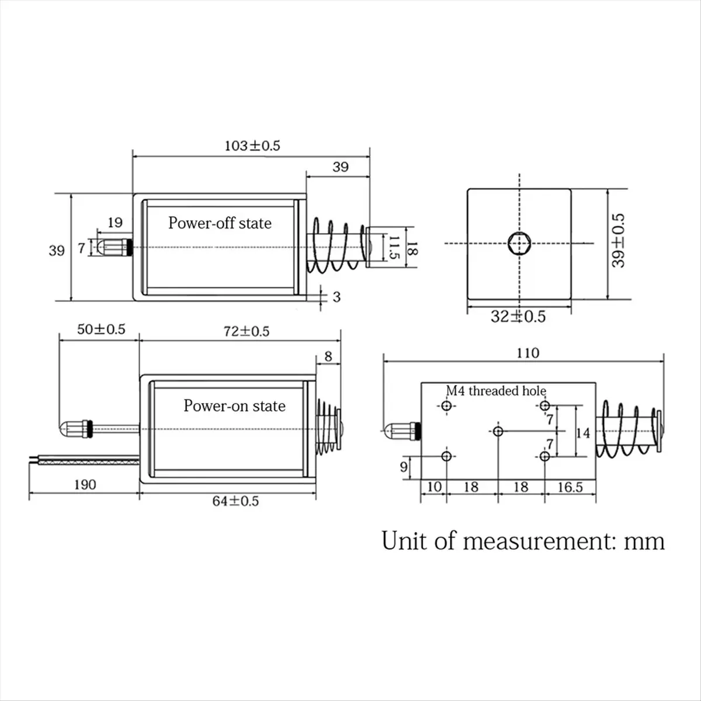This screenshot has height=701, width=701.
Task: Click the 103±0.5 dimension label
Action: pyautogui.click(x=252, y=145)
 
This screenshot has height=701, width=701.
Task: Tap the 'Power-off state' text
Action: pyautogui.click(x=220, y=223)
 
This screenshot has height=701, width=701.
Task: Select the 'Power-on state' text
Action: pyautogui.click(x=234, y=405)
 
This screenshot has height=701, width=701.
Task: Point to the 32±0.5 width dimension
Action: pyautogui.click(x=518, y=316)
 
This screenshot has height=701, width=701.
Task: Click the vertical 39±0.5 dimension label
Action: pyautogui.click(x=618, y=241)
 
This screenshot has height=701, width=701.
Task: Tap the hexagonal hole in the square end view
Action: pyautogui.click(x=519, y=242)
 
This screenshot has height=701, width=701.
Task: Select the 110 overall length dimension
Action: pyautogui.click(x=528, y=353)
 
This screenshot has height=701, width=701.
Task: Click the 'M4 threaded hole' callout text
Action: pyautogui.click(x=496, y=391)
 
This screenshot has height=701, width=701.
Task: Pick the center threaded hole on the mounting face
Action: pyautogui.click(x=498, y=431)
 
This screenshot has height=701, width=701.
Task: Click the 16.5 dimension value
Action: pyautogui.click(x=570, y=487)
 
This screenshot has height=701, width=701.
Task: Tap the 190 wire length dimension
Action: pyautogui.click(x=85, y=484)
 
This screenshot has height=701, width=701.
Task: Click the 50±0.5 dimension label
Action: pyautogui.click(x=102, y=329)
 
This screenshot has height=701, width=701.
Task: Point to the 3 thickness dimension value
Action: pyautogui.click(x=336, y=297)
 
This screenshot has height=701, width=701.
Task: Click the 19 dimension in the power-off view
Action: pyautogui.click(x=115, y=222)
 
